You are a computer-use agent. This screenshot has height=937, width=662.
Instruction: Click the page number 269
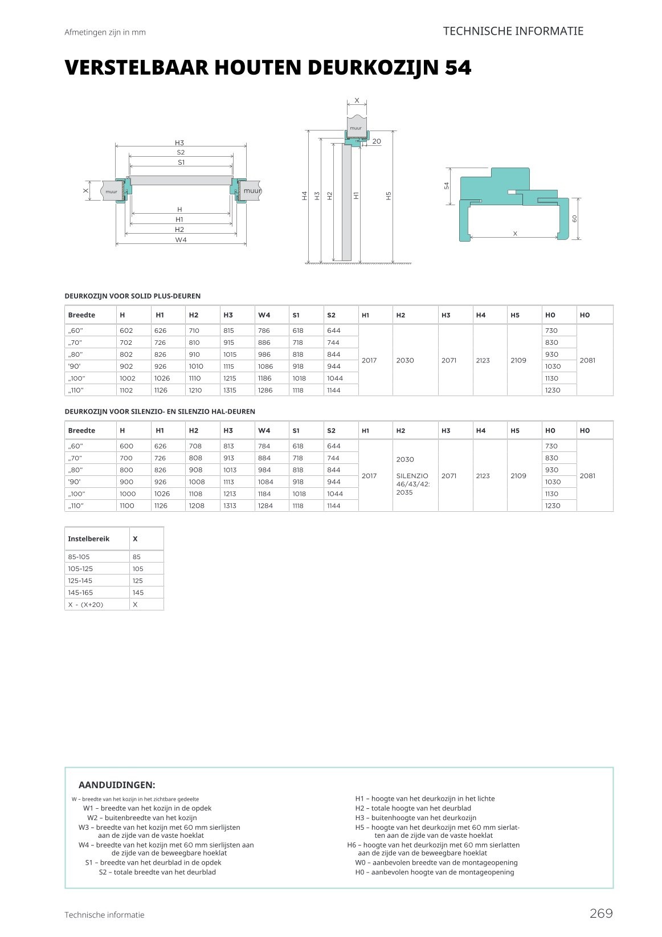(x=601, y=913)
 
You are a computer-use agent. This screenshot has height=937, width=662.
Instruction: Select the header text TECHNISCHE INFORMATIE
(x=513, y=31)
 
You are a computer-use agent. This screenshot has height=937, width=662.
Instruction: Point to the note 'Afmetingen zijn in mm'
(x=105, y=32)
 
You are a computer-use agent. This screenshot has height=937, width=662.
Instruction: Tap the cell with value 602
(x=126, y=331)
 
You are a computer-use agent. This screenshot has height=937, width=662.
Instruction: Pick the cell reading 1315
(x=230, y=390)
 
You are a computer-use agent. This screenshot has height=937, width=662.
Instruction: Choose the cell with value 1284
(x=265, y=506)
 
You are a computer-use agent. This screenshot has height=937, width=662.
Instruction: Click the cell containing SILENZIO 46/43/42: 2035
(x=412, y=483)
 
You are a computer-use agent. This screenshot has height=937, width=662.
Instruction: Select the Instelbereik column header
(x=88, y=539)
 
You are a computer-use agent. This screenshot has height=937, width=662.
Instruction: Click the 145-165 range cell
(x=80, y=593)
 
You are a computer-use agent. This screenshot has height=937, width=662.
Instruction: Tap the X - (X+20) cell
(x=85, y=605)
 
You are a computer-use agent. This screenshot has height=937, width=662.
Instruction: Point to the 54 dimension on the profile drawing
(x=447, y=185)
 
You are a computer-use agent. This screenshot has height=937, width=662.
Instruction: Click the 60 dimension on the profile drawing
(x=575, y=219)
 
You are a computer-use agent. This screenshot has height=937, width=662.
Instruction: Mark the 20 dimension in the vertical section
(x=377, y=141)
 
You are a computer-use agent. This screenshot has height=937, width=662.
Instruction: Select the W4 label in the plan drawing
(x=181, y=240)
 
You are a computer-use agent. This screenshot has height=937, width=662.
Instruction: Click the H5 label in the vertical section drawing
(x=389, y=195)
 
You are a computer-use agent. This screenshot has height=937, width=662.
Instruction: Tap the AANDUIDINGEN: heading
(x=117, y=785)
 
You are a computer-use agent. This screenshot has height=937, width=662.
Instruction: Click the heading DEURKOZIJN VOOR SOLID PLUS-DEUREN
(x=133, y=296)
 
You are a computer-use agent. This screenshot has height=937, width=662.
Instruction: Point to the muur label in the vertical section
(x=355, y=128)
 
